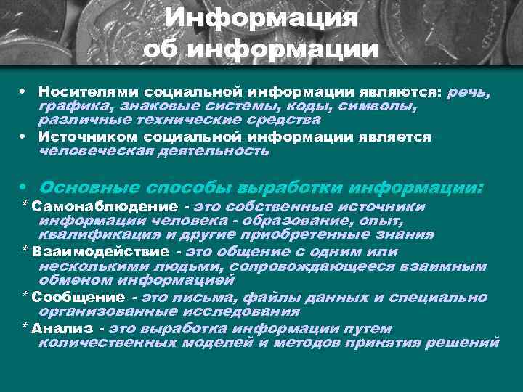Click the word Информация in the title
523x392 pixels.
[261, 19]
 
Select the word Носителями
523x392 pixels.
[88, 93]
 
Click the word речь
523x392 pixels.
[470, 93]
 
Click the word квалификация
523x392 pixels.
[97, 234]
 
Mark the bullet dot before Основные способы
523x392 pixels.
[24, 187]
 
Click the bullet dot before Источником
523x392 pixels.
[24, 137]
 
